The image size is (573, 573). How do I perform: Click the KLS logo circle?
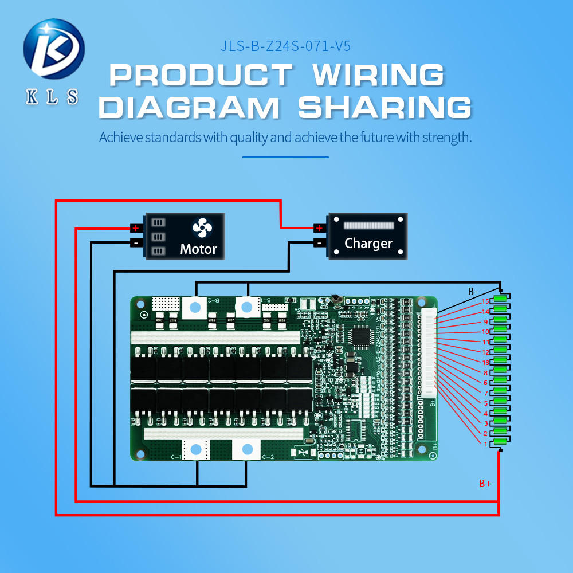pos(53,49)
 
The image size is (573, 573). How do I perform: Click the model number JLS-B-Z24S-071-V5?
pos(285,46)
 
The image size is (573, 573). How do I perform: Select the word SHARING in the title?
pos(384,108)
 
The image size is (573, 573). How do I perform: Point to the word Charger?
pos(368,244)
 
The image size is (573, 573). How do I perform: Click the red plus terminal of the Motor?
pos(136,228)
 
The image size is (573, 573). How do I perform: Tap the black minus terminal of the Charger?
pos(319,242)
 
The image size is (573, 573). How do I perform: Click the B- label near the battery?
pos(473,292)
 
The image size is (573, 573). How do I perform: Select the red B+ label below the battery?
pos(485,484)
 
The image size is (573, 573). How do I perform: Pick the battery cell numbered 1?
pos(501,441)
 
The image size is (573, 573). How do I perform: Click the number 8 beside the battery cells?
pos(485,373)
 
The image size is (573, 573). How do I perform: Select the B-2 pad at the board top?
pos(195,308)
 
